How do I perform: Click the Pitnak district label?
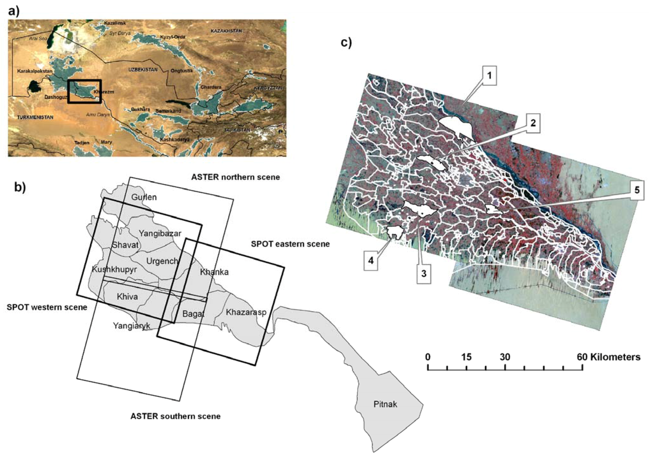pos(385,404)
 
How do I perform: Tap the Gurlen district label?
pos(144,197)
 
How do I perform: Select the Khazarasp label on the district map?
pos(246,312)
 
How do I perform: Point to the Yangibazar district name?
pos(160,234)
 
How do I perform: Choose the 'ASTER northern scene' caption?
pos(235,177)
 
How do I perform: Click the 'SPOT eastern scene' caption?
pos(290,244)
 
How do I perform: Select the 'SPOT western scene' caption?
pos(47,307)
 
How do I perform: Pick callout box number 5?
pos(637,190)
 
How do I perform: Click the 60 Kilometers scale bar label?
pos(608,357)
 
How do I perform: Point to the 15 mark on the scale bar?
pos(466,357)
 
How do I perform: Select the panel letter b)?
pos(20,187)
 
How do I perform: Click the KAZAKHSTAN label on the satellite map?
pos(226,31)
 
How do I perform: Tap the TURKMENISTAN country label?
pos(35,117)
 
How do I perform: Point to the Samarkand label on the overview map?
pos(168,111)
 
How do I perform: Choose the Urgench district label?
pos(162,261)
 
